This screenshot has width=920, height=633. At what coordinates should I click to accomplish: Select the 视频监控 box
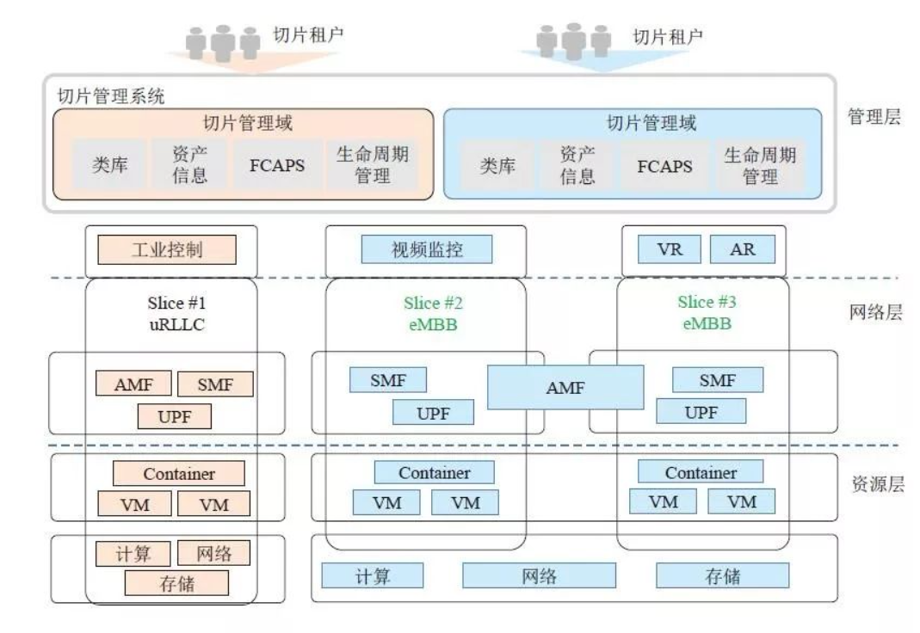click(427, 250)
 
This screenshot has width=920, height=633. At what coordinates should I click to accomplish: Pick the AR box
click(742, 250)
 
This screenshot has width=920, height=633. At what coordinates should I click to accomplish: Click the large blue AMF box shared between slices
click(565, 387)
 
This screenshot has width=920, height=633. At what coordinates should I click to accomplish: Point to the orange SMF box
click(215, 384)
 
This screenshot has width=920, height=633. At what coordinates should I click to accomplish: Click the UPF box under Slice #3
click(701, 412)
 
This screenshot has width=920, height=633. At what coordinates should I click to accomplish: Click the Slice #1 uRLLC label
click(172, 313)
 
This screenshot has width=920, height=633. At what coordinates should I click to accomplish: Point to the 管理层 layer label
click(874, 118)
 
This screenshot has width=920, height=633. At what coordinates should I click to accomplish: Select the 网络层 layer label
click(874, 313)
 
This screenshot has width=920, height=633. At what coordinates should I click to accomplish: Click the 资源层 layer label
click(874, 483)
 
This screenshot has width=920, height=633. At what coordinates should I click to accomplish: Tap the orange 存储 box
click(176, 584)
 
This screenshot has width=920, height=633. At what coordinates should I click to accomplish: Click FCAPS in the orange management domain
click(277, 166)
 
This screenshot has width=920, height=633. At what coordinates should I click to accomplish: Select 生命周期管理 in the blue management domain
click(759, 166)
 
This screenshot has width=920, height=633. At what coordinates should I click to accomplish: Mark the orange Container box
click(179, 474)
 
